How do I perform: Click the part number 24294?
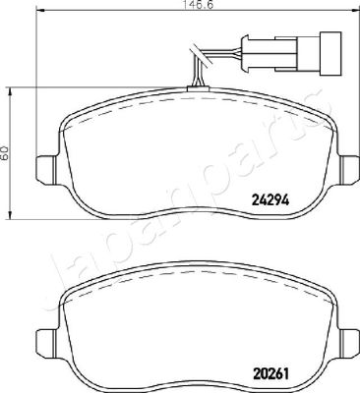tap(270, 199)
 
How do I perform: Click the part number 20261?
tap(270, 373)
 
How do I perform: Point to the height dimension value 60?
tap(4, 152)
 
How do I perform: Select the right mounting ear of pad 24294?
tap(348, 169)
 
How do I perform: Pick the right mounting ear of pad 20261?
tap(348, 343)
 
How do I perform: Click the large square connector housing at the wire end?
tap(330, 53)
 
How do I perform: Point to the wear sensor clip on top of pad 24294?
tap(198, 88)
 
